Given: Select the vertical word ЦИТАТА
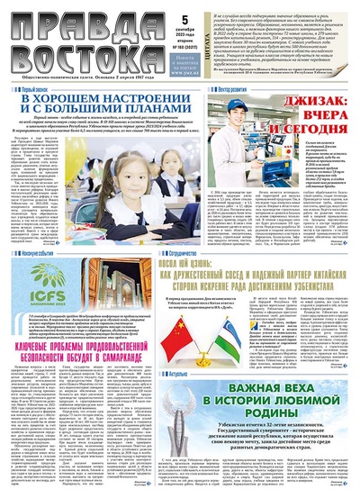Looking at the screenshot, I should [199, 37].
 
